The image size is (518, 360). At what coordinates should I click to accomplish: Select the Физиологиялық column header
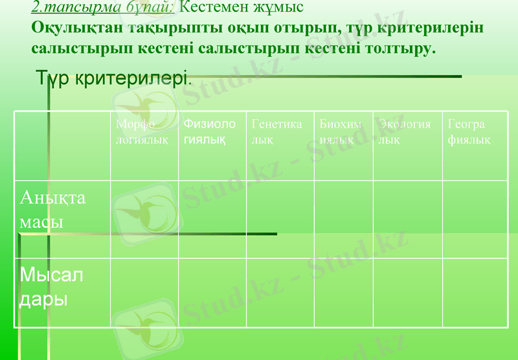209,131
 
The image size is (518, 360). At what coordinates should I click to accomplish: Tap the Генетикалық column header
276,131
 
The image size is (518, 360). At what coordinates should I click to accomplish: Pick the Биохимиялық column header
341,131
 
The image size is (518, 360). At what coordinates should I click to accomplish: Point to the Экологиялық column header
405,131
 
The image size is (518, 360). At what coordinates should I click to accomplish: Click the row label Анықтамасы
53,209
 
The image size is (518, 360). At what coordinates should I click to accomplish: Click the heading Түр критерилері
114,79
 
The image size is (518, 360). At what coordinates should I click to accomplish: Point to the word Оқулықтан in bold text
77,30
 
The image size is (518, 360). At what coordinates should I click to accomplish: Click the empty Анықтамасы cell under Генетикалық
280,219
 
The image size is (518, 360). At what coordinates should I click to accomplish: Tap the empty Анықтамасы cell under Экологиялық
408,219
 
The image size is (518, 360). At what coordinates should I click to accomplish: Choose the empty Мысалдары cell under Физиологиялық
212,293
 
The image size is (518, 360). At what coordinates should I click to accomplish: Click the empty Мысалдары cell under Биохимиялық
343,293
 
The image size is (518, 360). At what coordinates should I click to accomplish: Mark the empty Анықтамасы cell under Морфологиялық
144,219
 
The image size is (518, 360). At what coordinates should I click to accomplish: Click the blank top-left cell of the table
62,146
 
